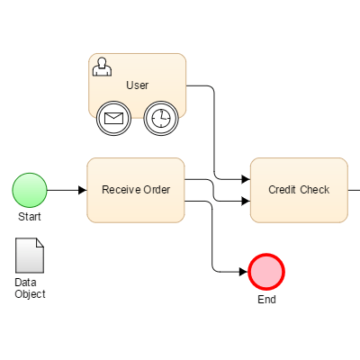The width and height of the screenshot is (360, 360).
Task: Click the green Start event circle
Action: [x=30, y=190]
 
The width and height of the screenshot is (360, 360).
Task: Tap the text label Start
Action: [x=30, y=217]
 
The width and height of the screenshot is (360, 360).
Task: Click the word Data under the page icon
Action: [x=25, y=283]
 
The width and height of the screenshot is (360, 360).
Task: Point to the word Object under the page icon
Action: [x=30, y=294]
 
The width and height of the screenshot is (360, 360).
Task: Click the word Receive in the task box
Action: [x=121, y=190]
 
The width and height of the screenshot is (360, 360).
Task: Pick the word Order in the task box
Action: [x=157, y=190]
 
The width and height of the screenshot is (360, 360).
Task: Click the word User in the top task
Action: [x=137, y=85]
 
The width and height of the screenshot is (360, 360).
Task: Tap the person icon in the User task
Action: [x=103, y=67]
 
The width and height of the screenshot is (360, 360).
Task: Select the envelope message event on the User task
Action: [x=113, y=118]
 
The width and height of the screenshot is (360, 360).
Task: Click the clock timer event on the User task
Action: [x=160, y=118]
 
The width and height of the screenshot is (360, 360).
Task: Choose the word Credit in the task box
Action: [x=284, y=190]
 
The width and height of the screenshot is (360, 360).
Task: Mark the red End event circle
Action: [x=266, y=271]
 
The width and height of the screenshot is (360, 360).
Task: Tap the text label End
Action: [x=266, y=300]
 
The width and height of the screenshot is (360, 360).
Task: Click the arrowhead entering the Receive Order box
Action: [x=82, y=190]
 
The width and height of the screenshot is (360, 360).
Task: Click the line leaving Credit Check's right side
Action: [x=354, y=190]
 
